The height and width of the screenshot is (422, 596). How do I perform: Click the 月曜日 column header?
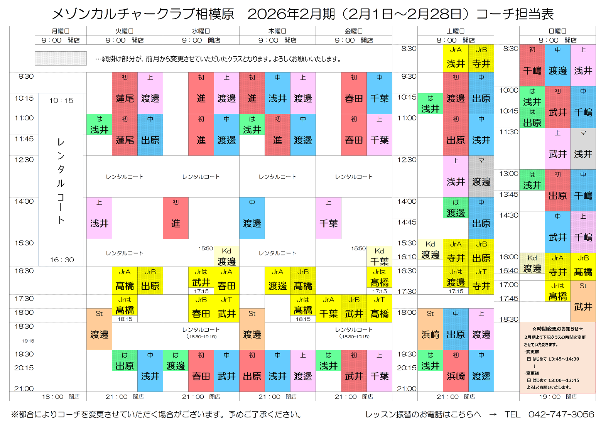(61, 31)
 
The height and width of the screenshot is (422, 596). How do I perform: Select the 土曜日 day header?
(456, 31)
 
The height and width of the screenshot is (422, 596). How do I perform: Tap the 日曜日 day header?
(557, 31)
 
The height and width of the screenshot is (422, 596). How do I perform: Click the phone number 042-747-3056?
(561, 414)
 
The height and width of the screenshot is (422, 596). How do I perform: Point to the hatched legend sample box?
(61, 59)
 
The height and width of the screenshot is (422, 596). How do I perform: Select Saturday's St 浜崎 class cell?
(430, 329)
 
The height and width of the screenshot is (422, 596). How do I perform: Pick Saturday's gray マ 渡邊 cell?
(481, 176)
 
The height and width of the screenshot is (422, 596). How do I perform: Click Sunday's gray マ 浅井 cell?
(583, 149)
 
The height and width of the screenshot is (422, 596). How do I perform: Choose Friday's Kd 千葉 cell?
(379, 257)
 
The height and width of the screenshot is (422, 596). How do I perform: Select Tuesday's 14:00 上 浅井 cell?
(99, 218)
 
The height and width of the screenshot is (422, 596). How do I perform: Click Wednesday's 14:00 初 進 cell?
(176, 218)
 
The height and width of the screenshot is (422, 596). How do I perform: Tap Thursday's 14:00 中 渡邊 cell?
(252, 218)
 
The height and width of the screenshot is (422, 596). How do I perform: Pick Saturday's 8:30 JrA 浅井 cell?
(456, 58)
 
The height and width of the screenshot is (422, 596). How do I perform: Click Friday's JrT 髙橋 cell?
(379, 308)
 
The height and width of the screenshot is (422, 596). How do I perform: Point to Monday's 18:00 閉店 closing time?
(61, 397)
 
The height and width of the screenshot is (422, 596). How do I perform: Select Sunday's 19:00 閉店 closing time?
(557, 397)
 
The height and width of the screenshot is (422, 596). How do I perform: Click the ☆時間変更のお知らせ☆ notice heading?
(557, 329)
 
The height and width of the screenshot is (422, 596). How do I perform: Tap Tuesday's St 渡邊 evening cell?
(99, 329)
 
